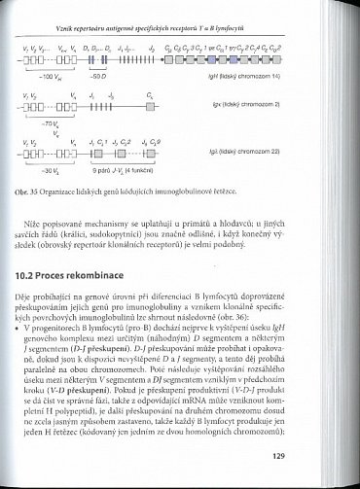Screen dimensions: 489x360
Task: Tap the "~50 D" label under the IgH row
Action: pos(96,74)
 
